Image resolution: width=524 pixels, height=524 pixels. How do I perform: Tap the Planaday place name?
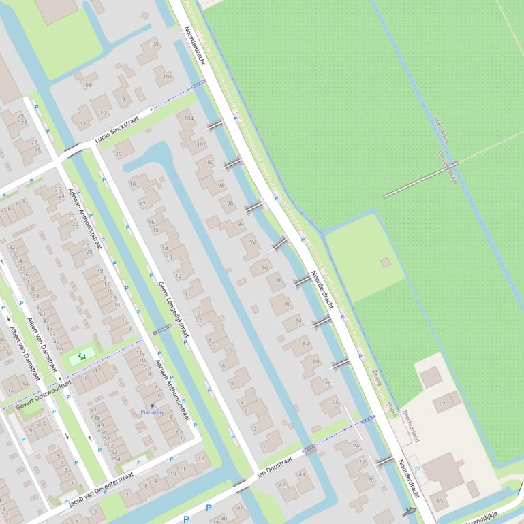tap(152, 412)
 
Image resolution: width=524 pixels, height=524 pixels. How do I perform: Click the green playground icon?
tap(82, 355)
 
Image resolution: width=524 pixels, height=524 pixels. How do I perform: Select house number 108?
tap(154, 44)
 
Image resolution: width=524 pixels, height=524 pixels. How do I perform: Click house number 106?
tap(168, 76)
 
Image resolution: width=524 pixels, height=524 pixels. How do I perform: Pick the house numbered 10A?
tap(87, 85)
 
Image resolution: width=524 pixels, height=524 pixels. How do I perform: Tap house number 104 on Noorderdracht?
tap(189, 118)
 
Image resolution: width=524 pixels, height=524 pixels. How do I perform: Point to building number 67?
tap(442, 404)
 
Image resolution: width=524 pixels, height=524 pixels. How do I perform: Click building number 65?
tap(440, 501)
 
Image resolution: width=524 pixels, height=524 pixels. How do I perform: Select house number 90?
tap(264, 268)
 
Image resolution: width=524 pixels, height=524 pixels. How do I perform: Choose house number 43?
tap(302, 474)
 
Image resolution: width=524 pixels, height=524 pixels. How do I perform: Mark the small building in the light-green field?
tap(386, 262)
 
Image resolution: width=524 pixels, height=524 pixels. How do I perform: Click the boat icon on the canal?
tap(409, 511)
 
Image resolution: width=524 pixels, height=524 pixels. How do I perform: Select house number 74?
tap(356, 446)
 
